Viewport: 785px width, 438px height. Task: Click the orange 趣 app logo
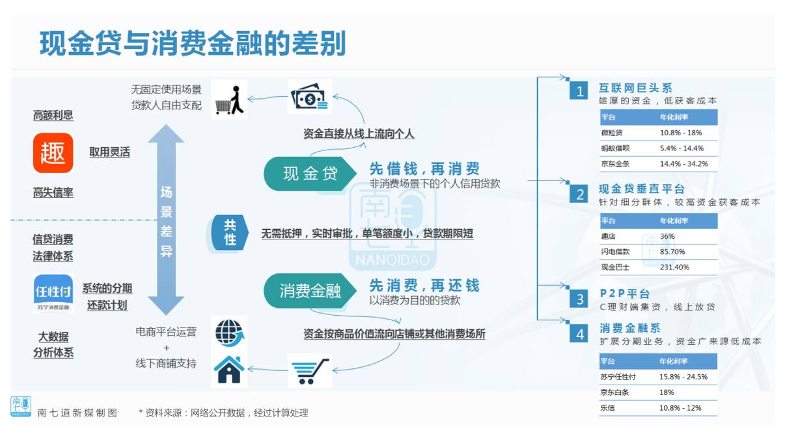[53, 154]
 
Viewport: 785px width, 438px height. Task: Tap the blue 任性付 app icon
[53, 294]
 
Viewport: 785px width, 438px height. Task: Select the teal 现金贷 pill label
[310, 174]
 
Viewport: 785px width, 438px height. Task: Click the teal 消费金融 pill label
[310, 290]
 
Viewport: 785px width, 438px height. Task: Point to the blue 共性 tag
[229, 233]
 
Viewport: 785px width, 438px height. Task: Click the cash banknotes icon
[310, 97]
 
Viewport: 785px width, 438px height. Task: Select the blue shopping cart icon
[310, 371]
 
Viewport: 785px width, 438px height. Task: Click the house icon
[229, 370]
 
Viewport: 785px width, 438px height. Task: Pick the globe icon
[229, 332]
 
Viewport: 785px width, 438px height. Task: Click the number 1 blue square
[579, 91]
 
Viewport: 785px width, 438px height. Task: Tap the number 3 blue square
[579, 299]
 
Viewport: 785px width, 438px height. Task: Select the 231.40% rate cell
[674, 267]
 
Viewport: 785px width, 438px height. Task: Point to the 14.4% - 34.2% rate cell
[683, 164]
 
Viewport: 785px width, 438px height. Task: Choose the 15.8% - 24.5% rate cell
[683, 377]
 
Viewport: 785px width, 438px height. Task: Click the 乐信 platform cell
[608, 408]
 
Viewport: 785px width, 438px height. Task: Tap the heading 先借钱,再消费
[424, 169]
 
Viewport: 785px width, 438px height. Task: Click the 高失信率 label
[53, 193]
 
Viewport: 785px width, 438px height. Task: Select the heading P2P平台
[624, 294]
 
